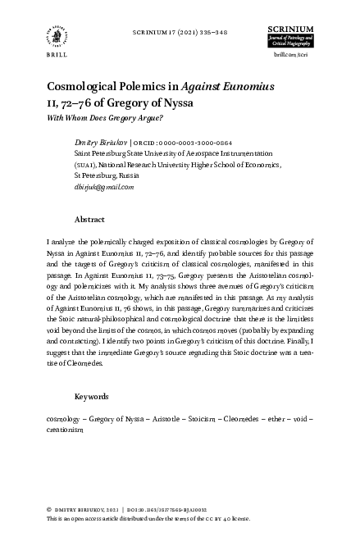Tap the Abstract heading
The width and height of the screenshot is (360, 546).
click(89, 220)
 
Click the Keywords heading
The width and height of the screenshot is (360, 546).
click(92, 396)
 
